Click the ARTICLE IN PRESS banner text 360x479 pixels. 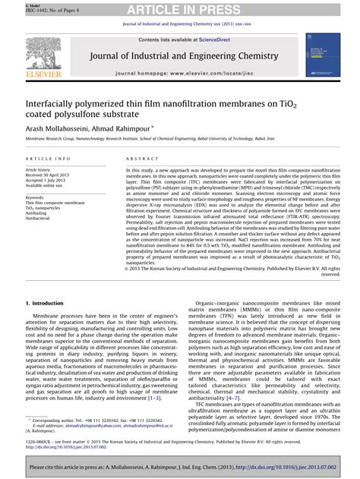(x=179, y=8)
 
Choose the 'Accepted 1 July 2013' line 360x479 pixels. (x=51, y=181)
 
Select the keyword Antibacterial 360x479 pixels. (x=39, y=219)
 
